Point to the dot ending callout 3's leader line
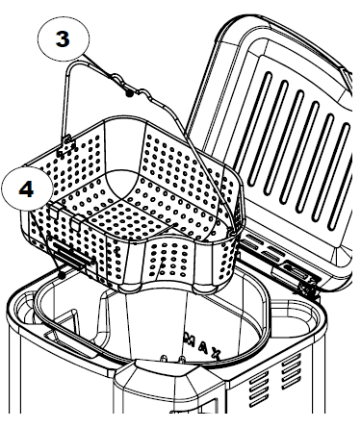point(128,94)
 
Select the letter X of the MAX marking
point(216,357)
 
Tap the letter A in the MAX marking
point(198,345)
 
